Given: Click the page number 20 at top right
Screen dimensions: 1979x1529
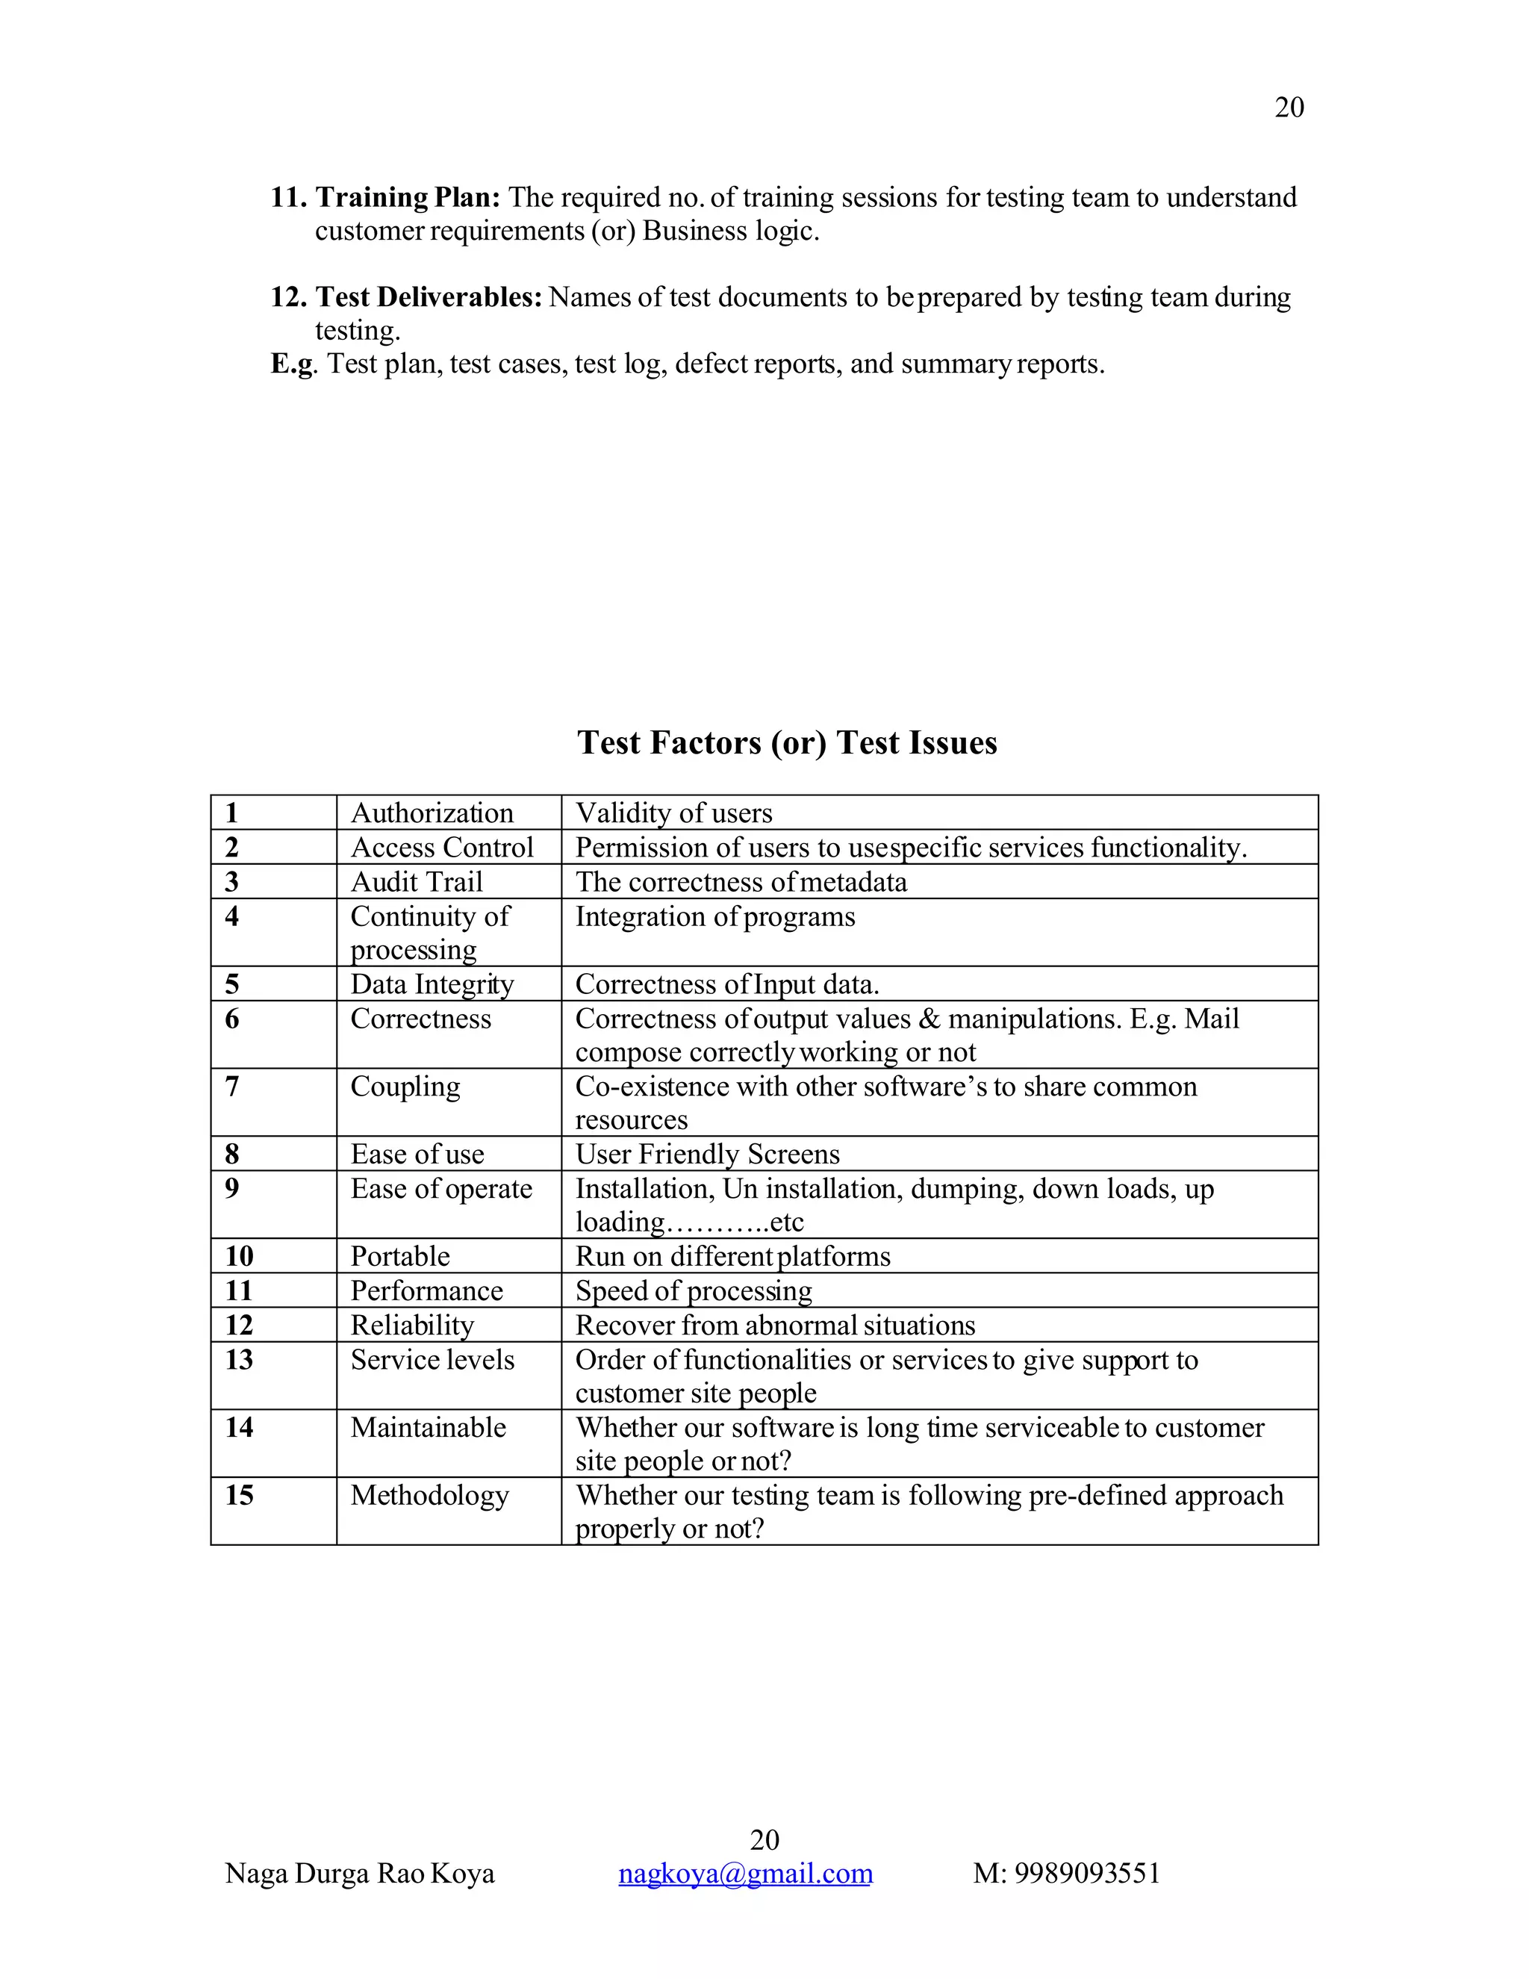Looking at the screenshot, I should pos(1288,108).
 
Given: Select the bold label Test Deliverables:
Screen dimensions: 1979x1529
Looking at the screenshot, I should pos(429,297).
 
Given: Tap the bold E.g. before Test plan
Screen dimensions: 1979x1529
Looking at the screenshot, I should pos(293,364).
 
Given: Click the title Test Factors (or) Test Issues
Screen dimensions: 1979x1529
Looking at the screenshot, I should pos(786,742).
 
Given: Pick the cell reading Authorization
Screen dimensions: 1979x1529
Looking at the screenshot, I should pos(432,813).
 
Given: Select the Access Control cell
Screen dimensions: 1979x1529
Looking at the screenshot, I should pos(441,848).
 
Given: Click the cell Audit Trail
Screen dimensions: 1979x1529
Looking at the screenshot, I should pos(416,882).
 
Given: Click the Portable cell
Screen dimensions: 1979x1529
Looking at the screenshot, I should pos(399,1256).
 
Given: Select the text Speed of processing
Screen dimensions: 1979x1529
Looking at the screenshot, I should pos(693,1290).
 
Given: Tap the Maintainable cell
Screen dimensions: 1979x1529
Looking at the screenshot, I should pos(428,1427).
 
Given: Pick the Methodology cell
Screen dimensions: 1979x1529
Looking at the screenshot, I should pos(429,1495).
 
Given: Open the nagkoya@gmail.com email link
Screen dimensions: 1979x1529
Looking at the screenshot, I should pos(744,1873).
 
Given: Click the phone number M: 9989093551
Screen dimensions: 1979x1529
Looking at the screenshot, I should pos(1066,1873).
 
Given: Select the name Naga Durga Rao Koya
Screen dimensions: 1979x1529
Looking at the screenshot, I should pos(360,1873).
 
